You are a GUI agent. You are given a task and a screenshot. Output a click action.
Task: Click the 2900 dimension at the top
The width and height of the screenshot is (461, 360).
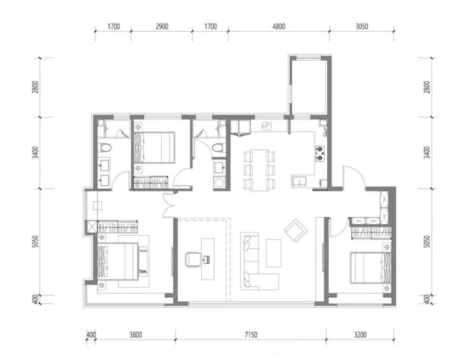[162, 27]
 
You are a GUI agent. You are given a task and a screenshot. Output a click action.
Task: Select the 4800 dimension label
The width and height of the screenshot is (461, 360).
[279, 27]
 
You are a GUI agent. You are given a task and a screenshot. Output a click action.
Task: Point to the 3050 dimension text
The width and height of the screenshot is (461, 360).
[362, 27]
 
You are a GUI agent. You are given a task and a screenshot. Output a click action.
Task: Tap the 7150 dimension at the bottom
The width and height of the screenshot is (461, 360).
[251, 335]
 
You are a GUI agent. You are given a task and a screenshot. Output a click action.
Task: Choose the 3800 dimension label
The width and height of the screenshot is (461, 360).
[136, 335]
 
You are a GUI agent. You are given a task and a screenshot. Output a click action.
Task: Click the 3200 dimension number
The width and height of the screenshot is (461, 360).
[360, 335]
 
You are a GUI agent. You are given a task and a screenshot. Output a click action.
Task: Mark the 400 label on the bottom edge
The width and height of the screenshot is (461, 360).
[91, 335]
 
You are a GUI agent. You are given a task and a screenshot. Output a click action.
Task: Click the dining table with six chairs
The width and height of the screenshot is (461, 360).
[259, 170]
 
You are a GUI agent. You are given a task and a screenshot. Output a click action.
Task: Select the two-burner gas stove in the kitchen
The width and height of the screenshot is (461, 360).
[320, 153]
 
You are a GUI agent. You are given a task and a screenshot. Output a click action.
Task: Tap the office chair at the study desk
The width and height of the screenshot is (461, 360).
[192, 259]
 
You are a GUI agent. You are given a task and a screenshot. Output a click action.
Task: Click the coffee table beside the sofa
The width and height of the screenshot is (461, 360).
[273, 253]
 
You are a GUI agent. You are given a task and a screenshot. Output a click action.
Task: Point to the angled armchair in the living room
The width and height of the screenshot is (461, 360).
[295, 230]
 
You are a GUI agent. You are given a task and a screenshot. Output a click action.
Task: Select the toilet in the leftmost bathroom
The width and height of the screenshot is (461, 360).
[105, 147]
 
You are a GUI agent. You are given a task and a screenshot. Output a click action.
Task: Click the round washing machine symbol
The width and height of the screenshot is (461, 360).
[219, 183]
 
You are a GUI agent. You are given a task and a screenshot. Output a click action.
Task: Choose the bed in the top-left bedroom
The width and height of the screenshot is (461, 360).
[154, 148]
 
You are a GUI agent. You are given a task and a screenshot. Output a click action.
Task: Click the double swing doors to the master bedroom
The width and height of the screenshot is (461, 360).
[169, 206]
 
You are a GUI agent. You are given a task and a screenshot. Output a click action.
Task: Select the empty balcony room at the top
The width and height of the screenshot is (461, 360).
[309, 87]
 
